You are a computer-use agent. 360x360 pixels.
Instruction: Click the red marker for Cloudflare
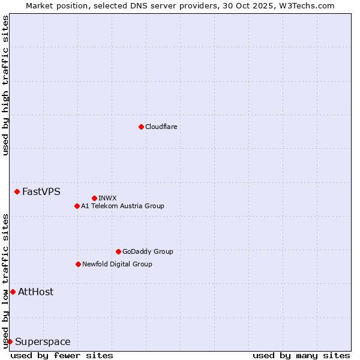[141, 127]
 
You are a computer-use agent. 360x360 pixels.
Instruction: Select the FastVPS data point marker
[17, 191]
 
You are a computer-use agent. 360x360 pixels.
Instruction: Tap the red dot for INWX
[94, 198]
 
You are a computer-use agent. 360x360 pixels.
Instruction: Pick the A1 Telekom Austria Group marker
[77, 206]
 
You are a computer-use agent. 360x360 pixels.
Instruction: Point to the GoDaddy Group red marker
[118, 251]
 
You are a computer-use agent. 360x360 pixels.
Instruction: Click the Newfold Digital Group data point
[78, 264]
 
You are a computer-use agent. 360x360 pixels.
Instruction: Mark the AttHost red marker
[13, 292]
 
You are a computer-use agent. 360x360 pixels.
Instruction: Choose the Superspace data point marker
[10, 341]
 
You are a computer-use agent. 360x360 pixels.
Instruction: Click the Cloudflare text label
[161, 127]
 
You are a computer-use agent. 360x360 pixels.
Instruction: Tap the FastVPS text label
[41, 191]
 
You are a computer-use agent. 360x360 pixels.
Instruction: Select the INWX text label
[107, 198]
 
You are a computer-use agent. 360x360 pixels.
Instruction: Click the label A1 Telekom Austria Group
[122, 206]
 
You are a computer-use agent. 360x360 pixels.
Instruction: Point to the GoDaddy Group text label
[148, 251]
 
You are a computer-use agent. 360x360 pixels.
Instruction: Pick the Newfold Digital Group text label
[117, 264]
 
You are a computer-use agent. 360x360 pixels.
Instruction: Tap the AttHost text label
[35, 292]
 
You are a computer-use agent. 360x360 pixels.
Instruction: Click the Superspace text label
[43, 341]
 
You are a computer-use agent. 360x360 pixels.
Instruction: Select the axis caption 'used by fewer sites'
[62, 355]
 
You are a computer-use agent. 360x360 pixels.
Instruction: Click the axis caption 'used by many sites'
[301, 355]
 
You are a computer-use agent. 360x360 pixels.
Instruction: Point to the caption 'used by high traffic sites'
[5, 85]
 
